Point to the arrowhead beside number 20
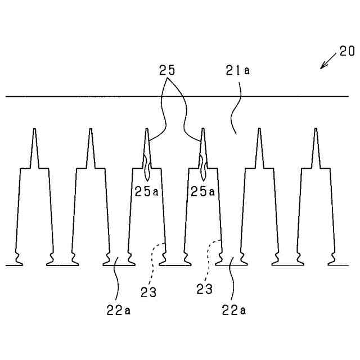click(322, 67)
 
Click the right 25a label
click(202, 191)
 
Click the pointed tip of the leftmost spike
click(34, 130)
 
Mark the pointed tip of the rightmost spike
click(316, 130)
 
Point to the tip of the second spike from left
click(91, 130)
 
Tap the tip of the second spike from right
click(259, 130)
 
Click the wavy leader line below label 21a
click(235, 110)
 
